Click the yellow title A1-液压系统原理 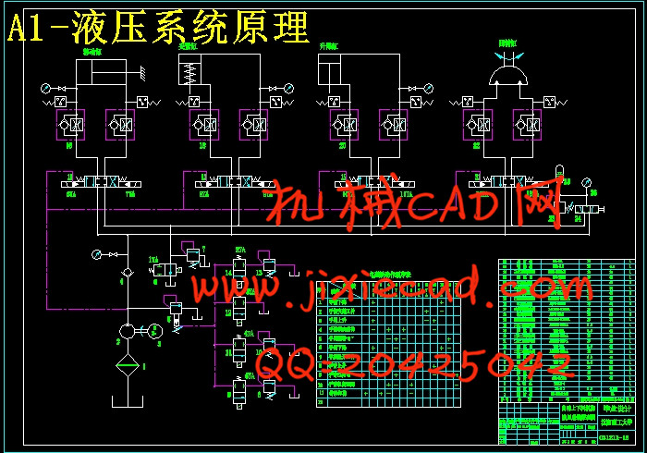click(x=157, y=29)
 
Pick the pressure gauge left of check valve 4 click(x=95, y=253)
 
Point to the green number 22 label click(x=477, y=145)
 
